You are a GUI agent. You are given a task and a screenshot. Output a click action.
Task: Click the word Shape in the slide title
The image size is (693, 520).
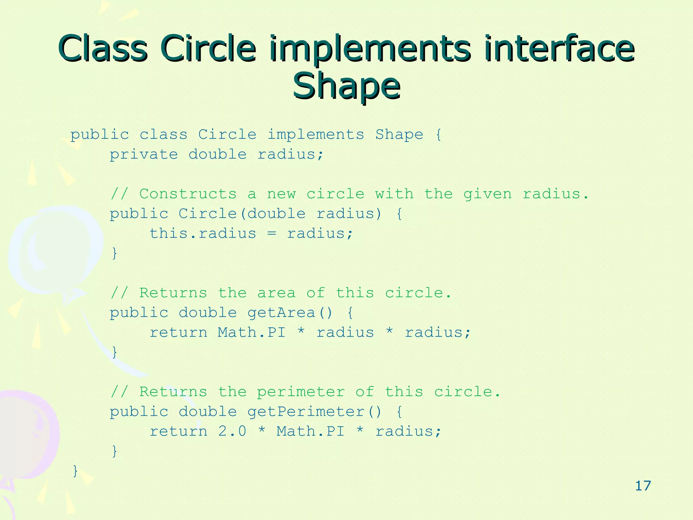coord(346,86)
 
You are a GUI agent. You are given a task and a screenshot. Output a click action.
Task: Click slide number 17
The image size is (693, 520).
coord(643,486)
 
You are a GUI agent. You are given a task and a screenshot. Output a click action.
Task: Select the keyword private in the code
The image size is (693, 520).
coord(144,155)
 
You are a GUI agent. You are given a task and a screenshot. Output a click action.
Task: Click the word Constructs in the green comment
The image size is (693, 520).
coord(188,194)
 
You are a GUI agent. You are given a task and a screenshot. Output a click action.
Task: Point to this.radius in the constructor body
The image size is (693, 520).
coord(203,234)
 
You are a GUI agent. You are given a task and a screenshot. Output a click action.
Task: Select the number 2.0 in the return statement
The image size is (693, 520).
coord(232,431)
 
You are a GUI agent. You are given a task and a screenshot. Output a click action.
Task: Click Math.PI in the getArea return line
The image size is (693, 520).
coord(251,332)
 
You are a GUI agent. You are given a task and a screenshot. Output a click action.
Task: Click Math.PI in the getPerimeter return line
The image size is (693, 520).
coord(310,431)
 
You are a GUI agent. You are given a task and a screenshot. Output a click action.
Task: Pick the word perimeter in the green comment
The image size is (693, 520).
coord(301,392)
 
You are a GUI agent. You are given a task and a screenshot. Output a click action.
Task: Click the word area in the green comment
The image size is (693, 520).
coord(276,293)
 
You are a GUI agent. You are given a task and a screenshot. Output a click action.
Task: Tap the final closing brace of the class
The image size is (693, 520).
coord(75,471)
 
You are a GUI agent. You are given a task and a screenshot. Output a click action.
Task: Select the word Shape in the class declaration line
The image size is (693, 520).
coord(399,135)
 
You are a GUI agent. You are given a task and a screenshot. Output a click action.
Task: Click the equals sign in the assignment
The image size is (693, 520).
coord(272,234)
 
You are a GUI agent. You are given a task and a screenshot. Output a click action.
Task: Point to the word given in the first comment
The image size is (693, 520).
coord(487,194)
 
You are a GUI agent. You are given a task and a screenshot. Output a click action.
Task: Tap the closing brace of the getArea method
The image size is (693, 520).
coord(114,352)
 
